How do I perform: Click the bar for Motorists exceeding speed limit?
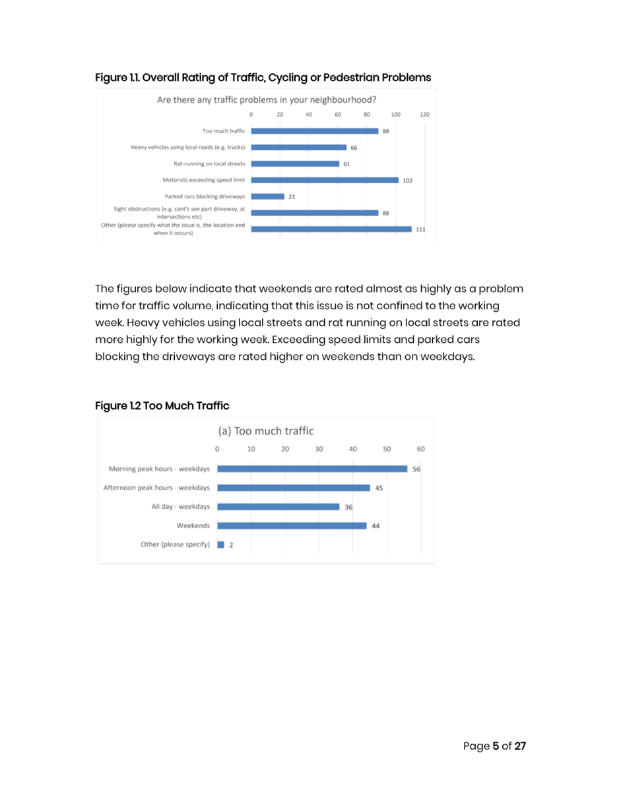pos(325,180)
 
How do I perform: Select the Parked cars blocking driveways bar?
pos(268,196)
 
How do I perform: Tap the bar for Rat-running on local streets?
pos(295,164)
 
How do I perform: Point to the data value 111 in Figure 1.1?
pos(420,229)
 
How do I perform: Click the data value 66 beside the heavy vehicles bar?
pos(354,148)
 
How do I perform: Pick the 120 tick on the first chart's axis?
pos(424,115)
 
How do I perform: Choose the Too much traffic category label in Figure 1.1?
pos(224,131)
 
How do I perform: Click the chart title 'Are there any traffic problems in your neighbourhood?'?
pos(267,100)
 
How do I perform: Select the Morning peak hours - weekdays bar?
pos(312,469)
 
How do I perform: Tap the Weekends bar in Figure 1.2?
pos(292,525)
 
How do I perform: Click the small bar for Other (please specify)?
pos(221,545)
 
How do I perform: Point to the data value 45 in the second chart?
pos(379,488)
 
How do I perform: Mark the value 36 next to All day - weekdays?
pos(349,507)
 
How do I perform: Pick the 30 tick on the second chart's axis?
pos(319,448)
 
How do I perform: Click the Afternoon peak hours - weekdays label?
pos(156,488)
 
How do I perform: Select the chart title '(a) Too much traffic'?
pos(266,431)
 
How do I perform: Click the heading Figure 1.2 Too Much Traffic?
pos(162,405)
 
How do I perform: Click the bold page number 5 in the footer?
pos(496,746)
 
